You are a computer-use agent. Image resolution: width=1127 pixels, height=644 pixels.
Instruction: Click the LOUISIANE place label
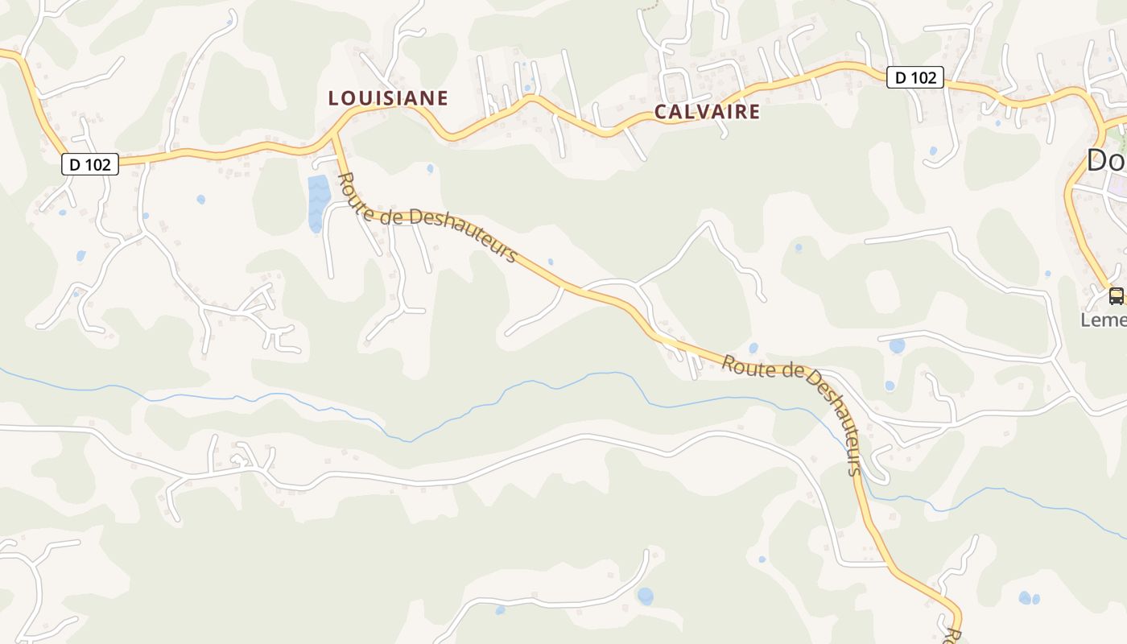point(388,98)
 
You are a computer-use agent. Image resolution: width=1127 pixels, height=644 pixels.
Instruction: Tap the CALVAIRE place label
point(707,112)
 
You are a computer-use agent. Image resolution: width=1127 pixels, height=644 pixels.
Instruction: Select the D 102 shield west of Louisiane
point(90,164)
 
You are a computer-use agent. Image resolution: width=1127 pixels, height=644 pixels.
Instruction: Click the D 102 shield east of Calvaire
point(915,77)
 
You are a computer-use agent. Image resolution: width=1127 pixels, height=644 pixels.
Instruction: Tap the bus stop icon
point(1116,295)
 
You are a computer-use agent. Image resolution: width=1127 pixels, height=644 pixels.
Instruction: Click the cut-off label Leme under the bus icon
point(1104,320)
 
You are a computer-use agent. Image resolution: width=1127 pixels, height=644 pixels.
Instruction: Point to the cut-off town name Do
point(1106,160)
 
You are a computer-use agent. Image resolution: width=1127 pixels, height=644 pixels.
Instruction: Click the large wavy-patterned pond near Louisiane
point(318,202)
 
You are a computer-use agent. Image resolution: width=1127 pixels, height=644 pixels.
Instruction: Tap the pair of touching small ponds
point(1028,598)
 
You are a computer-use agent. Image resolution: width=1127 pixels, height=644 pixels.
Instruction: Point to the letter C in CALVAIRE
point(660,112)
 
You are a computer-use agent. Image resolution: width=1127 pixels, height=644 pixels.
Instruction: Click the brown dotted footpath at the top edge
point(649,8)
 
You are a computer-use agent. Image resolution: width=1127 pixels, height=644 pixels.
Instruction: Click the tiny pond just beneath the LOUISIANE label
point(430,168)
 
